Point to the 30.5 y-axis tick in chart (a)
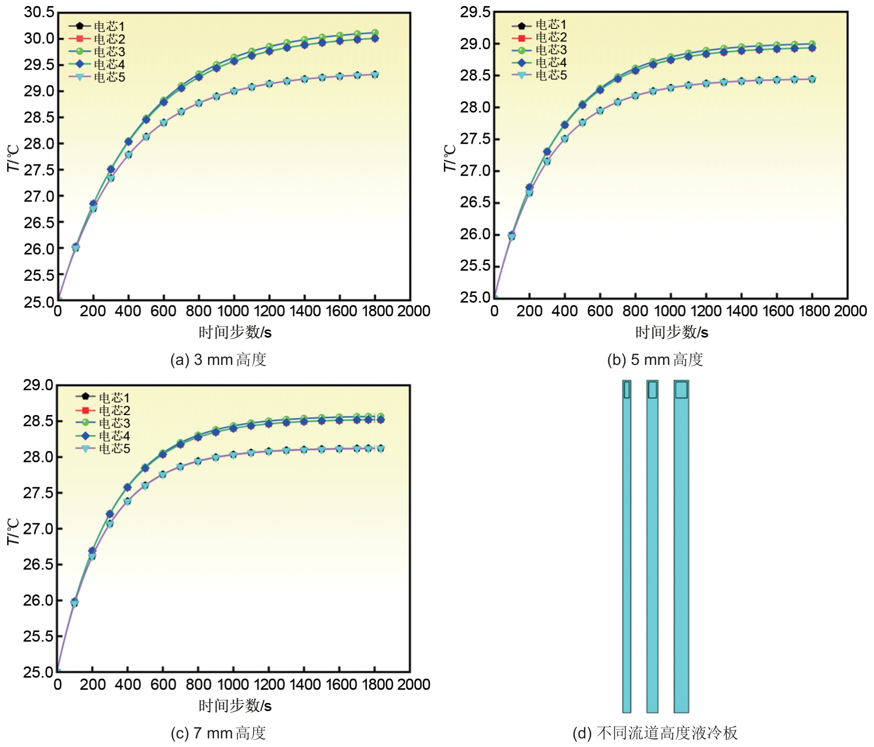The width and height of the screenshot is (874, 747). (x=39, y=12)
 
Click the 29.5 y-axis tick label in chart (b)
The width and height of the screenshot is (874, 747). (x=475, y=12)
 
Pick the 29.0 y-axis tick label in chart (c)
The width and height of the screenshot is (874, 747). (x=38, y=385)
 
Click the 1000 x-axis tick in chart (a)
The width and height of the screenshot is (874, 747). (x=234, y=311)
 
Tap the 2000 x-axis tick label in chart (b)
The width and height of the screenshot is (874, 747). (x=850, y=311)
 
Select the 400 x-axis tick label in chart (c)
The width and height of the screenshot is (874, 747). (x=128, y=684)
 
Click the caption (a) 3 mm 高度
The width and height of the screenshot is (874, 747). (x=218, y=360)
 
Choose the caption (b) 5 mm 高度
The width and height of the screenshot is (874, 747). (x=655, y=360)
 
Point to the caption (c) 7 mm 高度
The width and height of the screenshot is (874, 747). (x=218, y=733)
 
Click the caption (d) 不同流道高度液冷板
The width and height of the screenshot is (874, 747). (x=655, y=733)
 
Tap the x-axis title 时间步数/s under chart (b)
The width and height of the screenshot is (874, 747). (x=672, y=333)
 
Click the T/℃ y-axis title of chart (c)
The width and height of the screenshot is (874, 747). (x=13, y=531)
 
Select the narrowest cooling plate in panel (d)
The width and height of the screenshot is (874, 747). (x=627, y=547)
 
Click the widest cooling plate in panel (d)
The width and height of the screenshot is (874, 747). (x=681, y=547)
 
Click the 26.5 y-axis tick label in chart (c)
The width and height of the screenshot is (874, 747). (x=38, y=564)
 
